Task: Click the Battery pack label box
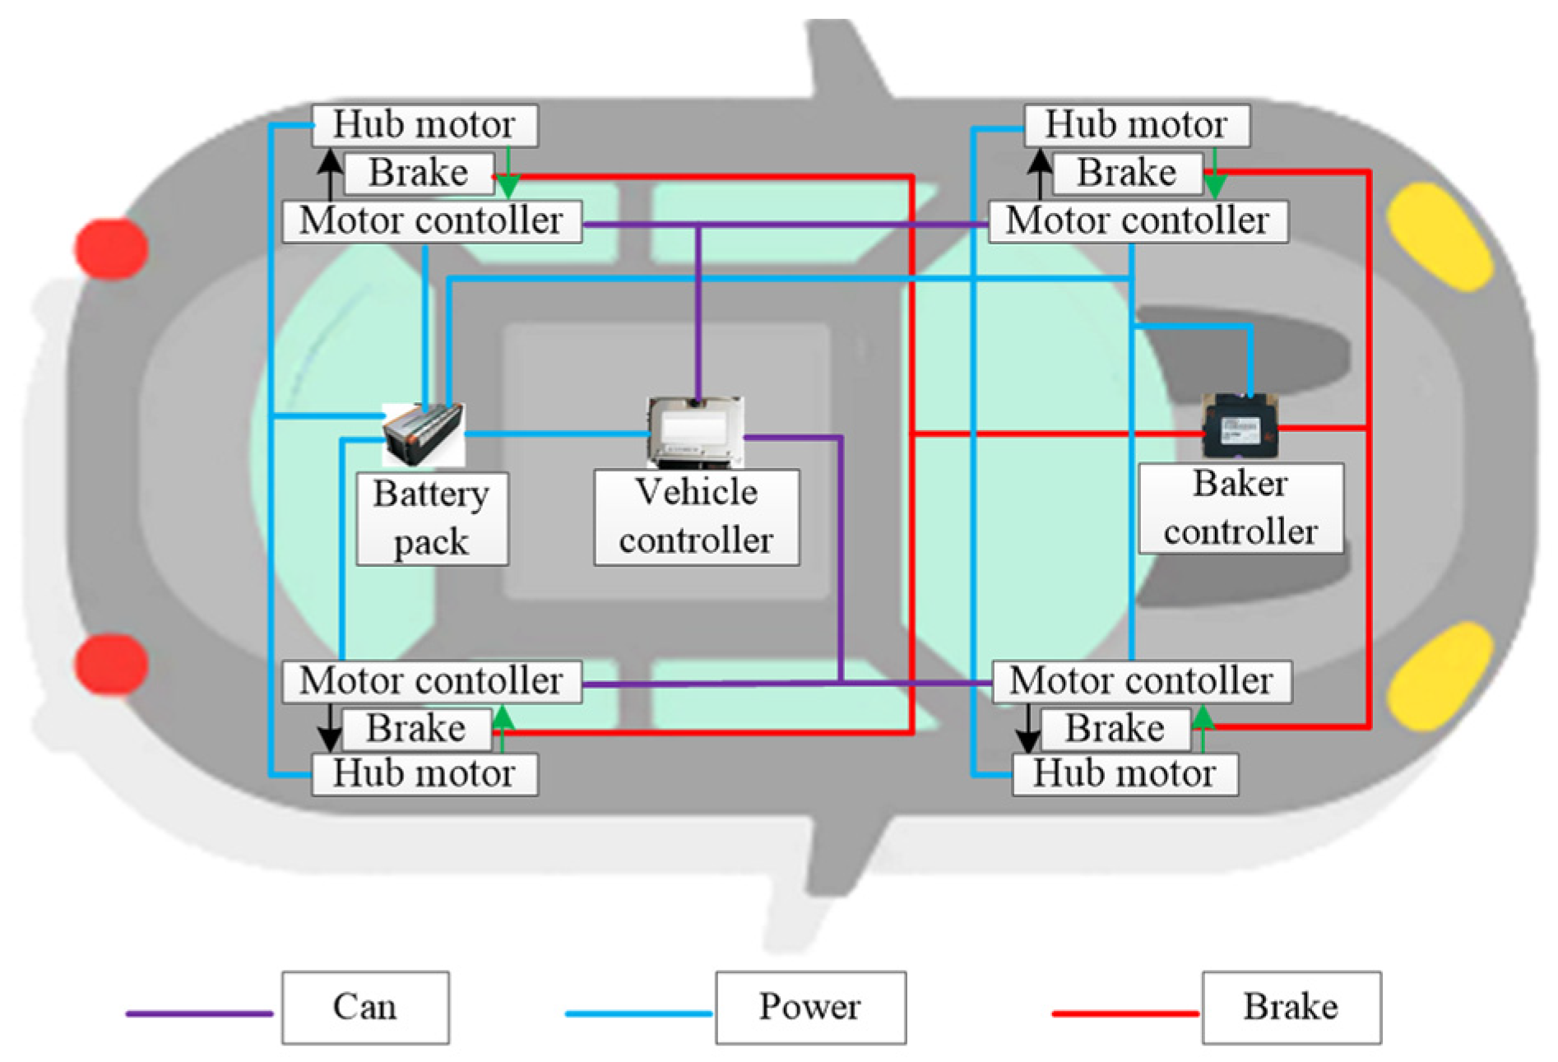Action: coord(432,518)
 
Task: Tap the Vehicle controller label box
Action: coord(696,517)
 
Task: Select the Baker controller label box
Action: coord(1240,508)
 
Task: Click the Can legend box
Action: coord(365,1007)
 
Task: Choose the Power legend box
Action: coord(810,1007)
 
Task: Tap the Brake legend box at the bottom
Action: coord(1291,1007)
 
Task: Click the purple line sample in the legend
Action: coord(199,1013)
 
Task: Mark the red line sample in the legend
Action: coord(1124,1013)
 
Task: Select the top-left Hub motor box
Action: coord(424,125)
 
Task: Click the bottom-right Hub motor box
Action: coord(1124,774)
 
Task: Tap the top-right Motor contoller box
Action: coord(1138,221)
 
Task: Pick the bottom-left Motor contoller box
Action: coord(432,681)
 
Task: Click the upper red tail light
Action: coord(112,248)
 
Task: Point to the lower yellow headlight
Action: coord(1440,676)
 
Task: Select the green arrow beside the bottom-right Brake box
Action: coord(1203,728)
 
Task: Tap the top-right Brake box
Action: coord(1127,174)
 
